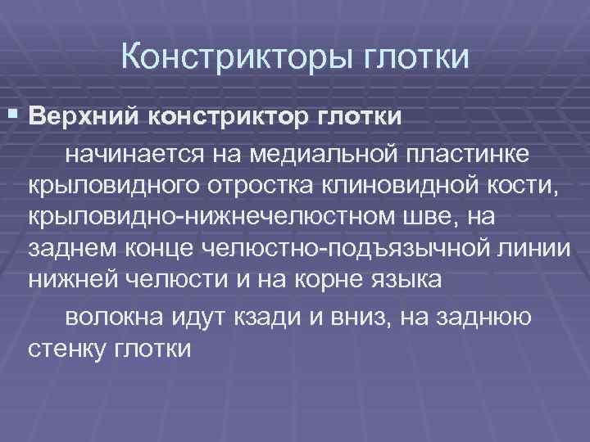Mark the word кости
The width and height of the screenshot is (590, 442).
(x=528, y=185)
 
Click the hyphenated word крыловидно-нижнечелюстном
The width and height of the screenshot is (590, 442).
(x=215, y=217)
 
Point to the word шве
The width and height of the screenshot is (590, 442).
(x=441, y=217)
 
